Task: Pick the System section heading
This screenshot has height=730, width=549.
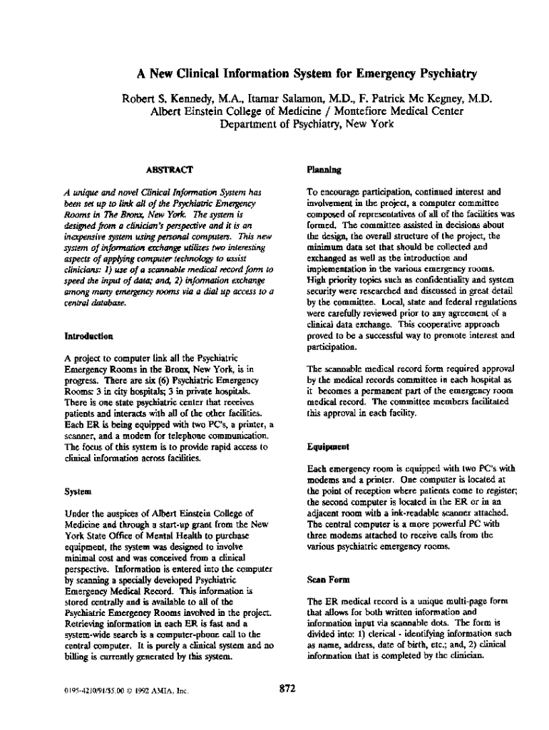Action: point(78,491)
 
